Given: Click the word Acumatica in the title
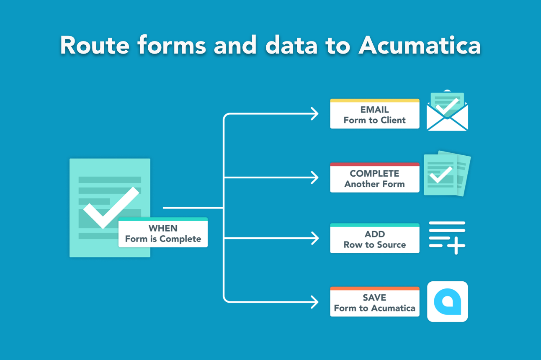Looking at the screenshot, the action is (420, 45).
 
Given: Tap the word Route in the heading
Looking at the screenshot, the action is (95, 45).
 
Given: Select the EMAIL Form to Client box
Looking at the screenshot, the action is (375, 113).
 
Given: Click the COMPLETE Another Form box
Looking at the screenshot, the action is (375, 177).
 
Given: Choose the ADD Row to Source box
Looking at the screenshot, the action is (375, 238).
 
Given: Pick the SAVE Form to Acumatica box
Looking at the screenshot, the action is (375, 301).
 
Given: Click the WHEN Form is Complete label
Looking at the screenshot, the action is (163, 232).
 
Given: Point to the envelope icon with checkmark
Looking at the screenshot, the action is (447, 111).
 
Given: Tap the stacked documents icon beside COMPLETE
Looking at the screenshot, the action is (447, 173).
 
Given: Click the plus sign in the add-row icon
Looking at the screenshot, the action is (456, 246).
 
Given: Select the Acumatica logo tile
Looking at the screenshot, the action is (447, 301).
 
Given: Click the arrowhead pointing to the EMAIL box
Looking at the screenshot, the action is (315, 113).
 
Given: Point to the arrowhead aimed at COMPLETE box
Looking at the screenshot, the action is (315, 177).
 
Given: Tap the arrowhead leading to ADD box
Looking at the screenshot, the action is (315, 238).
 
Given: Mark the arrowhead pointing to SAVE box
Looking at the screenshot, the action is (315, 302).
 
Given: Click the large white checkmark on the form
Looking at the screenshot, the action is (111, 208).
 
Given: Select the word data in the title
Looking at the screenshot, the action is (291, 45).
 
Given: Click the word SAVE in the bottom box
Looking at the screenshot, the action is (374, 298).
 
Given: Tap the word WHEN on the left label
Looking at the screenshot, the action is (163, 228).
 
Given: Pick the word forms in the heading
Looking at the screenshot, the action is (172, 45).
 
